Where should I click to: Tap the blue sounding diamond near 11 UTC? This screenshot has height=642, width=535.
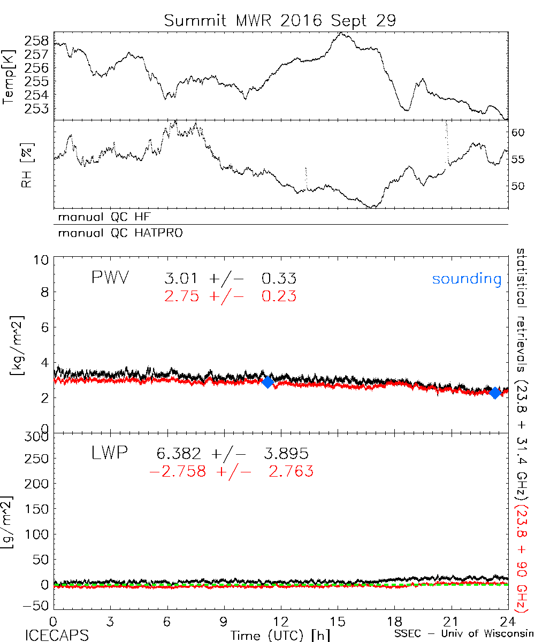click(267, 381)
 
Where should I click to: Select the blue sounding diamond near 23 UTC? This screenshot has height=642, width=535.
click(495, 393)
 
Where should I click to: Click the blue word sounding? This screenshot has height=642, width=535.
click(467, 279)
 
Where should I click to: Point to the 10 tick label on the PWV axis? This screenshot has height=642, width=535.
click(42, 260)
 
